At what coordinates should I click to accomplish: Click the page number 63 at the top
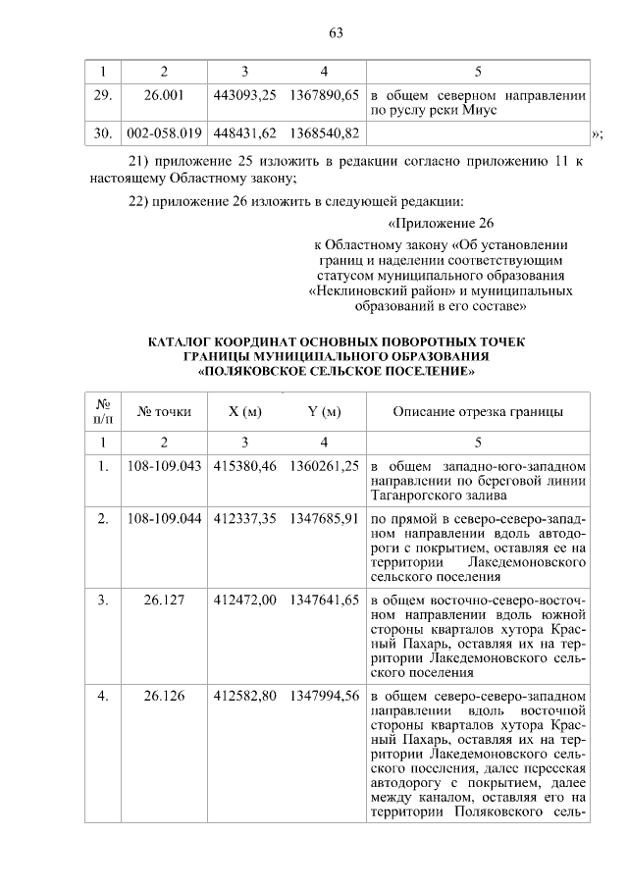point(335,32)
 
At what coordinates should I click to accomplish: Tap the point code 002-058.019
point(164,132)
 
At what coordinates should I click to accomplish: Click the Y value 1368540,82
point(324,132)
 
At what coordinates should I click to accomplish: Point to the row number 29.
point(102,97)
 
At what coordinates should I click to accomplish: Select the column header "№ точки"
point(164,411)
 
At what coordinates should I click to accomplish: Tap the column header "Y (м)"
point(324,411)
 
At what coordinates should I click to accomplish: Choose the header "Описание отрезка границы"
point(478,411)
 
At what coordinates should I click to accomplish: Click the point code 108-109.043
point(164,464)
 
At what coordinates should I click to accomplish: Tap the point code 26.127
point(164,600)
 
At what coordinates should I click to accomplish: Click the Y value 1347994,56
point(324,696)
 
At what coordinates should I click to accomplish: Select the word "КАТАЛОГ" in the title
point(183,342)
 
